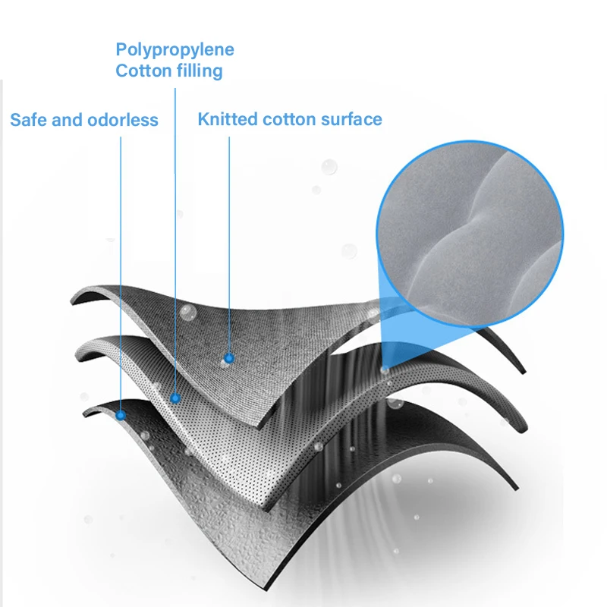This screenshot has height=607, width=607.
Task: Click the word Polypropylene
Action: (175, 50)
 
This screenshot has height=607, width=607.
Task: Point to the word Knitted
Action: (228, 119)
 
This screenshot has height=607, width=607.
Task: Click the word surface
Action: (351, 119)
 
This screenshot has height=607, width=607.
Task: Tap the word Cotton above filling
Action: (140, 71)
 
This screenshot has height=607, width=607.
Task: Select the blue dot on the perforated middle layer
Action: (175, 398)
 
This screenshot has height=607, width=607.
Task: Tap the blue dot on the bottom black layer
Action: (121, 415)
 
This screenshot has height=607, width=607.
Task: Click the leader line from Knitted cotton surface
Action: (229, 243)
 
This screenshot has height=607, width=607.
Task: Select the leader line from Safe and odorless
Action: (121, 266)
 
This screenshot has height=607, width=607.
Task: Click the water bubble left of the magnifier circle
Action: (329, 166)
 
